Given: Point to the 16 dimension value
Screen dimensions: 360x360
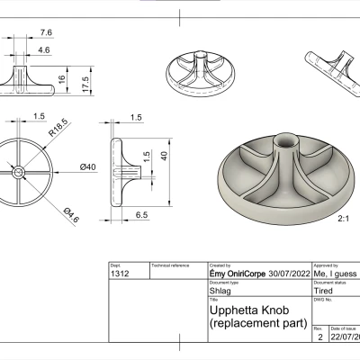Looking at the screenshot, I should [x=62, y=79].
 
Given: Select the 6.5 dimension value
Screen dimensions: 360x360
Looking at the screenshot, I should [x=142, y=216].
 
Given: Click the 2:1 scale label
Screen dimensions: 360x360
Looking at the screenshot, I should [x=343, y=219].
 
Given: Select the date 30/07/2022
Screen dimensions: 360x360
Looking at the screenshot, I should [x=277, y=275].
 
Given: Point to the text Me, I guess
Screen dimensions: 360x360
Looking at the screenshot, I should [x=335, y=275].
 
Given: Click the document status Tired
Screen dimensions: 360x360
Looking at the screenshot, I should [x=324, y=292].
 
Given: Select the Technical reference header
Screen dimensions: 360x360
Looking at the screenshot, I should [x=171, y=266].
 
